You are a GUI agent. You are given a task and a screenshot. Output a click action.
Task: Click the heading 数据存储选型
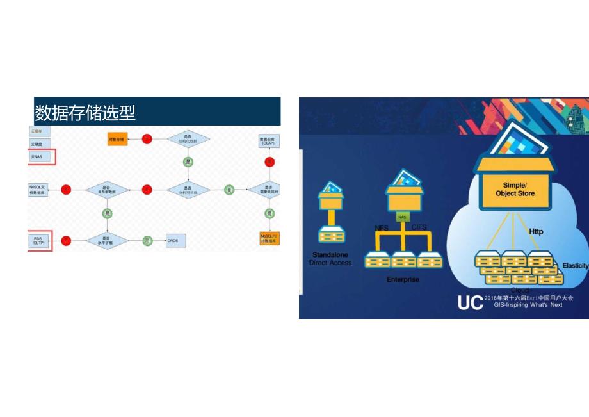(x=85, y=113)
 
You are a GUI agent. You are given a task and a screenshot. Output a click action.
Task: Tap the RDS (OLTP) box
(x=38, y=240)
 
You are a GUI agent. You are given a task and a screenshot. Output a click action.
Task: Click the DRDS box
(x=176, y=240)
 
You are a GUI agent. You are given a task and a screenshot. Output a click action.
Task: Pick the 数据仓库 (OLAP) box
(x=267, y=140)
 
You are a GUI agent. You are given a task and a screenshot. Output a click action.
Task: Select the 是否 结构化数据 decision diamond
(x=188, y=138)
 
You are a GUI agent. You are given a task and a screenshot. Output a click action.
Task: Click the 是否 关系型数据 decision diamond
(x=107, y=190)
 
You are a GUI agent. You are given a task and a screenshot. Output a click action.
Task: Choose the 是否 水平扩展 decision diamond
(x=107, y=240)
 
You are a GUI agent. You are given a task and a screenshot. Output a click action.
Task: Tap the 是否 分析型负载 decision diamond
(x=188, y=190)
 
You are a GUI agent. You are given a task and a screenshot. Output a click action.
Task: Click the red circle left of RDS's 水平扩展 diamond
(x=66, y=240)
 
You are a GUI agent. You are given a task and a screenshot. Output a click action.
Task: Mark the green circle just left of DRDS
(x=148, y=240)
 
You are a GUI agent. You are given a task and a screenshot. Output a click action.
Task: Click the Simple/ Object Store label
(x=514, y=189)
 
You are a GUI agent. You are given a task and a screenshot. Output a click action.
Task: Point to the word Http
(x=536, y=231)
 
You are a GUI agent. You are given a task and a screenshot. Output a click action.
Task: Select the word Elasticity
(x=575, y=265)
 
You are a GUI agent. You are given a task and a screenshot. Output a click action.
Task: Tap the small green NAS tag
(x=402, y=217)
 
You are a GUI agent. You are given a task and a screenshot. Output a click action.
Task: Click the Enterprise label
(x=402, y=280)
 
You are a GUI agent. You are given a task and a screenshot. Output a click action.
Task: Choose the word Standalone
(x=330, y=254)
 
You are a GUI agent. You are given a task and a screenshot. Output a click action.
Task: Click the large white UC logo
(x=470, y=303)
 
